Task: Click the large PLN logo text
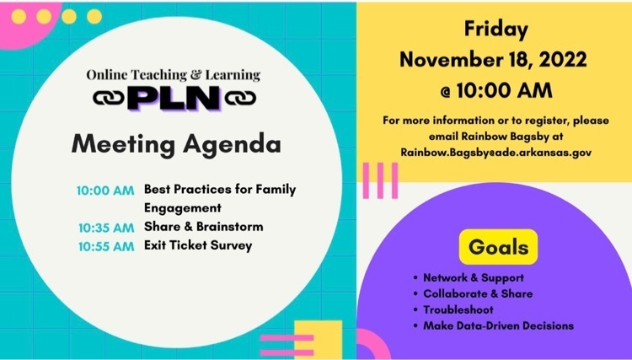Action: [174, 98]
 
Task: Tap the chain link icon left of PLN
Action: [109, 98]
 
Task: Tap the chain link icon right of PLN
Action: [241, 98]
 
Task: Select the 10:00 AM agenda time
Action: [105, 191]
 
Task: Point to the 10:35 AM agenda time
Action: [106, 228]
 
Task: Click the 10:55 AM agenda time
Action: [106, 246]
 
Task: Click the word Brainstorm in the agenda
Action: [230, 227]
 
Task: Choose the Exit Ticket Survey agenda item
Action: [198, 245]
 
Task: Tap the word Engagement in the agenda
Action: [183, 208]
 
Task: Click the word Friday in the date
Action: [496, 30]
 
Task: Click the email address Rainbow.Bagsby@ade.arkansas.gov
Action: [496, 153]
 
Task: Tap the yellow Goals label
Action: [499, 247]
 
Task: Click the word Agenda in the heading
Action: [232, 145]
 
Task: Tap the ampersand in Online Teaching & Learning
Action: [196, 75]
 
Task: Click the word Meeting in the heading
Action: [123, 145]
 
